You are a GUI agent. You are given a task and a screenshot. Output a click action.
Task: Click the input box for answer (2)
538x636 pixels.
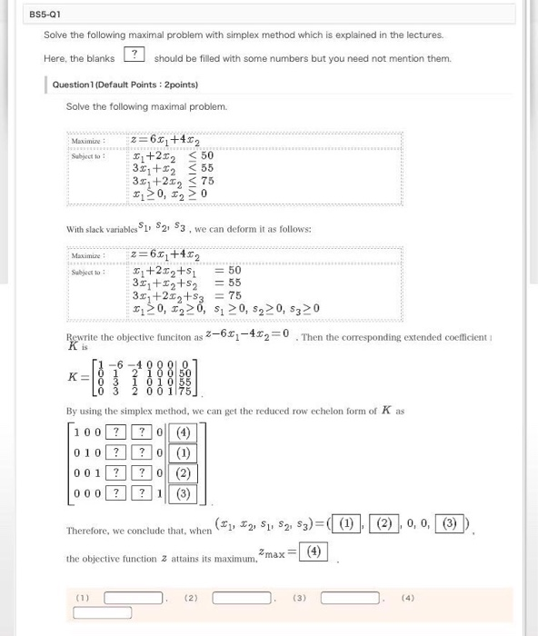click(x=241, y=598)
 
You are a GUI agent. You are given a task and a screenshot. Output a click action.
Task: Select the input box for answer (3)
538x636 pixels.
click(x=350, y=598)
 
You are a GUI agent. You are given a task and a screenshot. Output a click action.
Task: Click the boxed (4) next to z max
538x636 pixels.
click(x=314, y=552)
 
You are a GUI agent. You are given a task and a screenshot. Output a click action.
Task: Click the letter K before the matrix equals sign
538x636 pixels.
click(x=73, y=374)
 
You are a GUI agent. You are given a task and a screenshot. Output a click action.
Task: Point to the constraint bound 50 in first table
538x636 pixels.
click(x=206, y=156)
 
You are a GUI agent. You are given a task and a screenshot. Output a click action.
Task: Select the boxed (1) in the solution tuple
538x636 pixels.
click(x=345, y=523)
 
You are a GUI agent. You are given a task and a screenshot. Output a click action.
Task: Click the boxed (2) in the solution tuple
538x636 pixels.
click(x=384, y=523)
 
